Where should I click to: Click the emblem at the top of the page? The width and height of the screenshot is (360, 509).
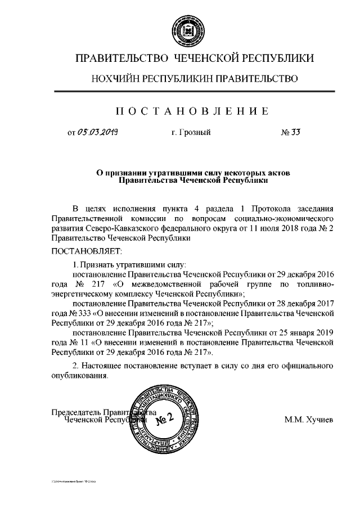tap(179, 29)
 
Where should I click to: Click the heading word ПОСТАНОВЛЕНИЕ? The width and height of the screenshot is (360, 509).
tap(179, 110)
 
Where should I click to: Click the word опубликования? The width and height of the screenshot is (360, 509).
tap(79, 376)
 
